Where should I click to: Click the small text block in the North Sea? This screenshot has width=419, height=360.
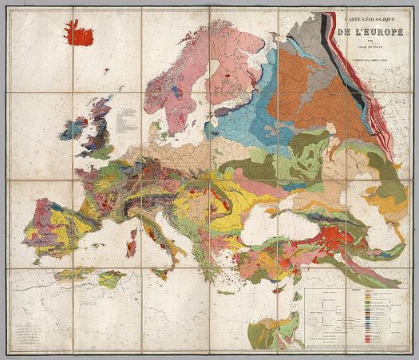(x=125, y=122)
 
